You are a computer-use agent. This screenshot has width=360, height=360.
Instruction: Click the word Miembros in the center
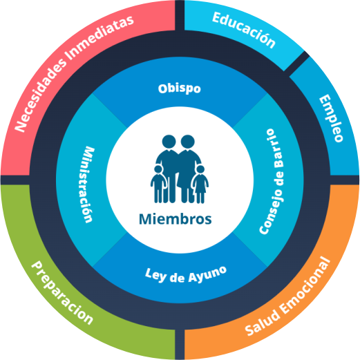[x=176, y=219]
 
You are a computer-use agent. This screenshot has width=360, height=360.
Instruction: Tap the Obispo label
[x=180, y=88]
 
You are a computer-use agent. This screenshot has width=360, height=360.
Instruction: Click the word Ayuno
[x=207, y=274]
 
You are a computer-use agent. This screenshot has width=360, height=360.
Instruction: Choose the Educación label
[x=244, y=30]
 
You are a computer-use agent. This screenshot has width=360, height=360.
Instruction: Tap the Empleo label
[x=331, y=118]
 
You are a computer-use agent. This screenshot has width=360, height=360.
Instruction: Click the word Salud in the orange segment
[x=263, y=321]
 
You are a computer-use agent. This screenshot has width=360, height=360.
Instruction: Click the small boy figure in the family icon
[x=158, y=184]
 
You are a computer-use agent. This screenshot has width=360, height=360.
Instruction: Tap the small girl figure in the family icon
[x=200, y=184]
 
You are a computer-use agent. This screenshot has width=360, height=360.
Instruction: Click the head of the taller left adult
[x=169, y=142]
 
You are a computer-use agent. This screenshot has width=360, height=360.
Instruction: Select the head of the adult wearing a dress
[x=187, y=142]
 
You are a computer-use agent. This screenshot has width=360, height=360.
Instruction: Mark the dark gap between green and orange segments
[x=180, y=345]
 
